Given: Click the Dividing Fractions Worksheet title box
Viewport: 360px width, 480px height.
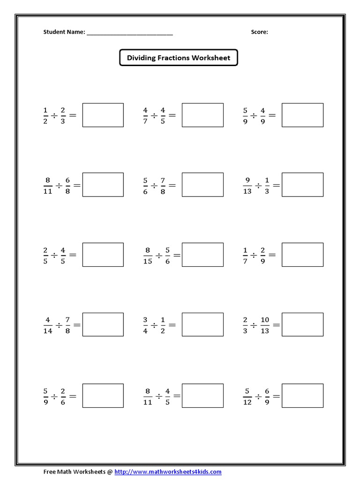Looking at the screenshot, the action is tap(179, 58).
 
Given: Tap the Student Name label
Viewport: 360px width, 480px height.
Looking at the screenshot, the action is tap(64, 32).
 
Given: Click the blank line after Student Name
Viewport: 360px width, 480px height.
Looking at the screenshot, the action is tap(129, 33).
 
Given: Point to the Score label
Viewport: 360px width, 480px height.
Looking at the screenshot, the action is tap(259, 32).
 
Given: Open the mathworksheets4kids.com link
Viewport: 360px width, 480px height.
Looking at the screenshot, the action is tap(168, 472).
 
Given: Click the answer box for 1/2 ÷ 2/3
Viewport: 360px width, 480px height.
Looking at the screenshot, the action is tap(103, 115).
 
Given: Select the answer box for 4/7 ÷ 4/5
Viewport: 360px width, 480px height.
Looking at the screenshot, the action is tap(202, 115).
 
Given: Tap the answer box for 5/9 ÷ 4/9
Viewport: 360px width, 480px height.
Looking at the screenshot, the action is tap(302, 115).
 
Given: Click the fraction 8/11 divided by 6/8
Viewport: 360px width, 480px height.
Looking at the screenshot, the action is tap(58, 185).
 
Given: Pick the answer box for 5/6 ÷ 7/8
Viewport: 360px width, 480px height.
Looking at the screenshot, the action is tap(202, 185).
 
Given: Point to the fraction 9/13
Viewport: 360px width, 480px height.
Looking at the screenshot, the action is tap(247, 185).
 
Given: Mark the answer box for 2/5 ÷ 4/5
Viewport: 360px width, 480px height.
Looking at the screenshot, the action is tap(103, 255).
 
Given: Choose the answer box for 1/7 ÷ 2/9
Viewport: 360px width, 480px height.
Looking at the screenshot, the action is tap(302, 255).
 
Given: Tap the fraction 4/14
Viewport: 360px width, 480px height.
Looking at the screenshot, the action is tap(48, 325).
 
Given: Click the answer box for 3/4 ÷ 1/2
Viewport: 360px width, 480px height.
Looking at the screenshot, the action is tap(202, 324).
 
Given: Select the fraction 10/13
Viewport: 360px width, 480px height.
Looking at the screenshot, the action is tap(265, 325).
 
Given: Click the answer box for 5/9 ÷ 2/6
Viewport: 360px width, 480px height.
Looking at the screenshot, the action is tap(103, 396).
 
